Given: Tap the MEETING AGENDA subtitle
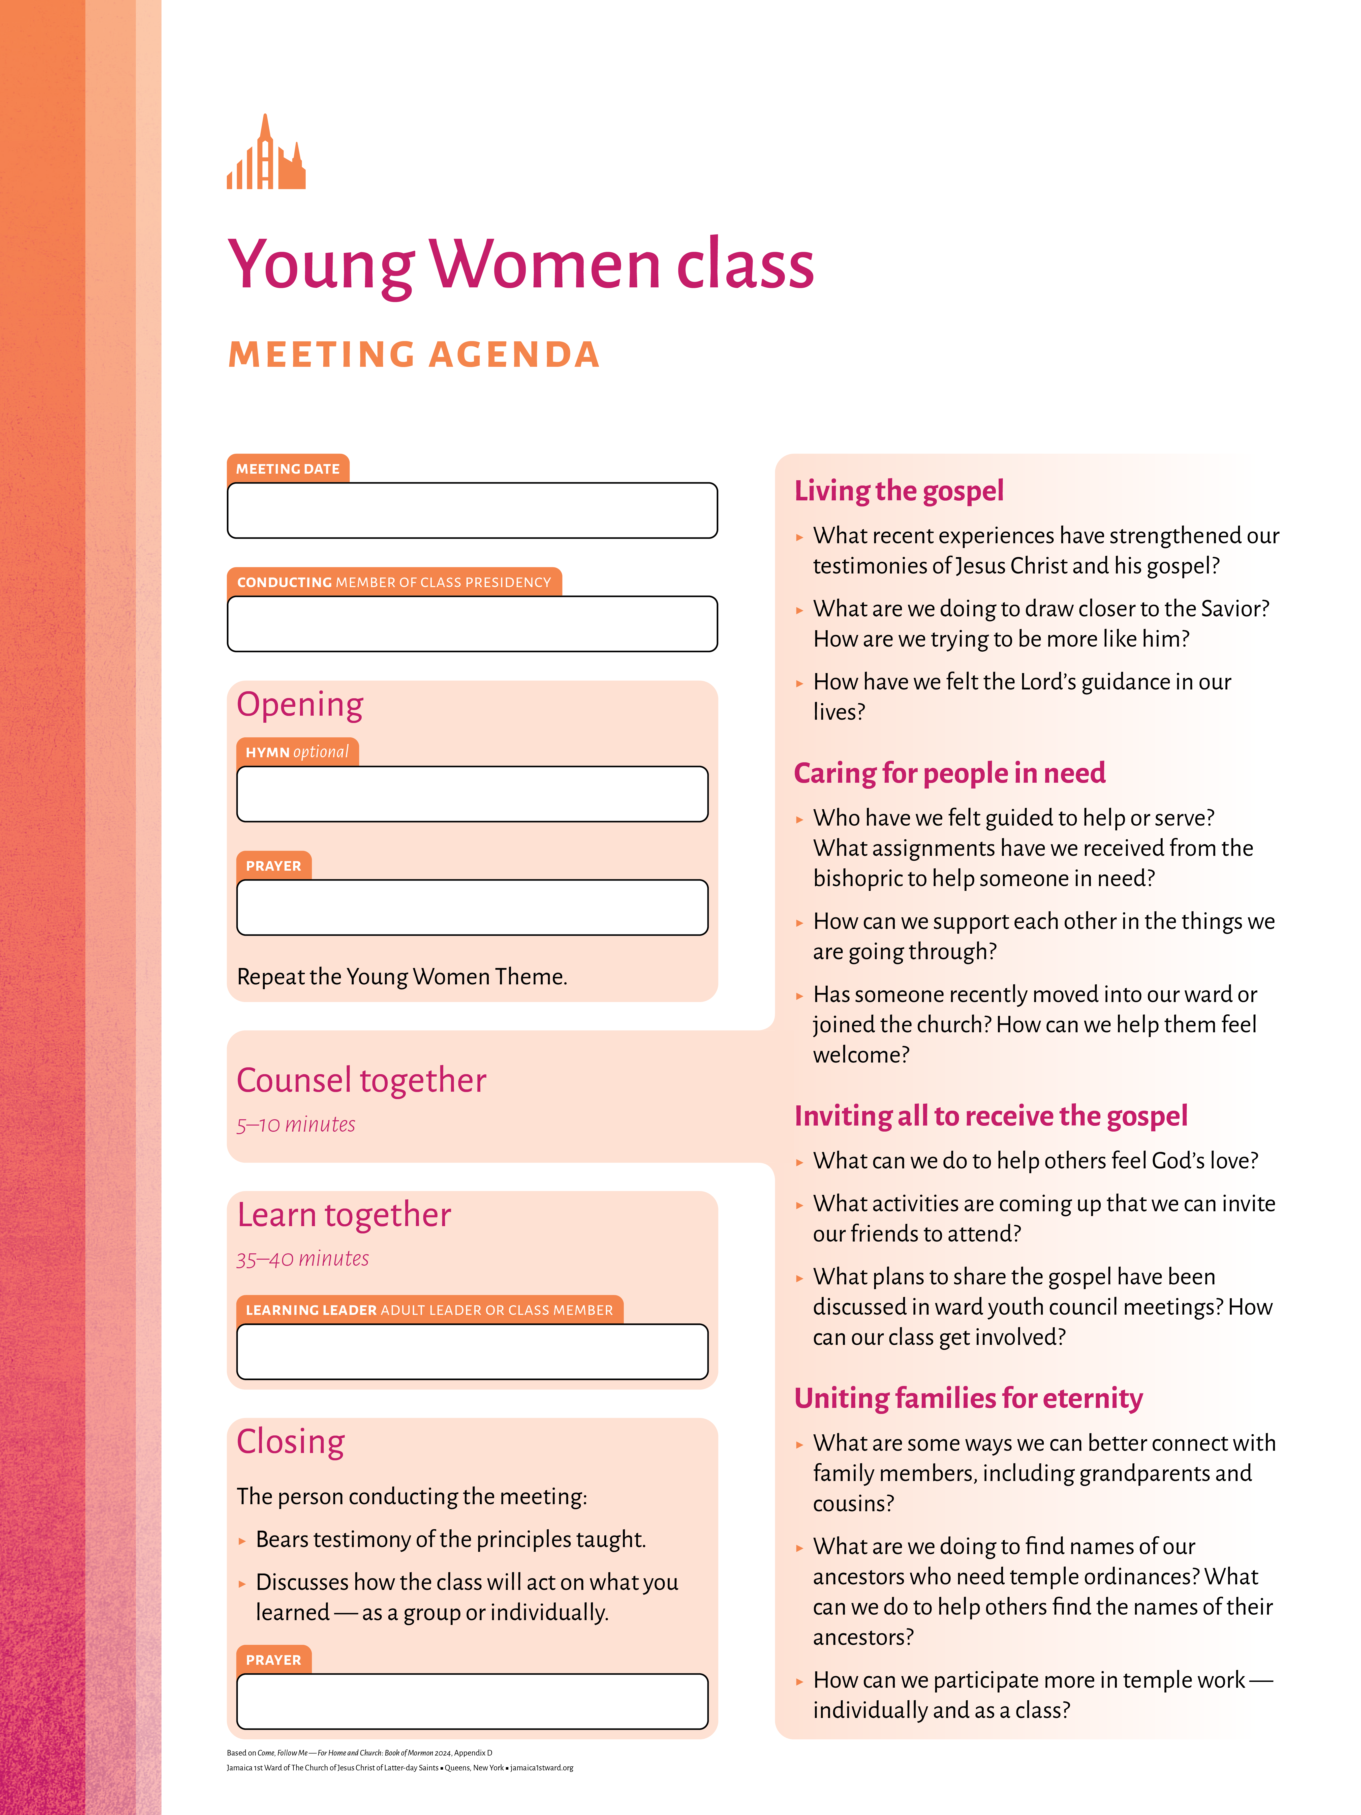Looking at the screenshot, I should [414, 354].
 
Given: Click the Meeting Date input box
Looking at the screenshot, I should [472, 510].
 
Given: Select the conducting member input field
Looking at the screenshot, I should [472, 624].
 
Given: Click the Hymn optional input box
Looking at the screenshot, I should [472, 794].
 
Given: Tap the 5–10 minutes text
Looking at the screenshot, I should [295, 1124].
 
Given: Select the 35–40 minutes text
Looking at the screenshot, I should [302, 1259].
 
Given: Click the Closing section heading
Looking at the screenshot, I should [290, 1442].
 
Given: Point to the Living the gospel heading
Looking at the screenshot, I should [898, 491].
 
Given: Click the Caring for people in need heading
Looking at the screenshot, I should [949, 773].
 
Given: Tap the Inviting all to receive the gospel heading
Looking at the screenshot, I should [990, 1116].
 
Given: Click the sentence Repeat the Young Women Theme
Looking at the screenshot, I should [402, 976].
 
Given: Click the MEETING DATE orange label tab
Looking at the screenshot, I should [288, 469].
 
